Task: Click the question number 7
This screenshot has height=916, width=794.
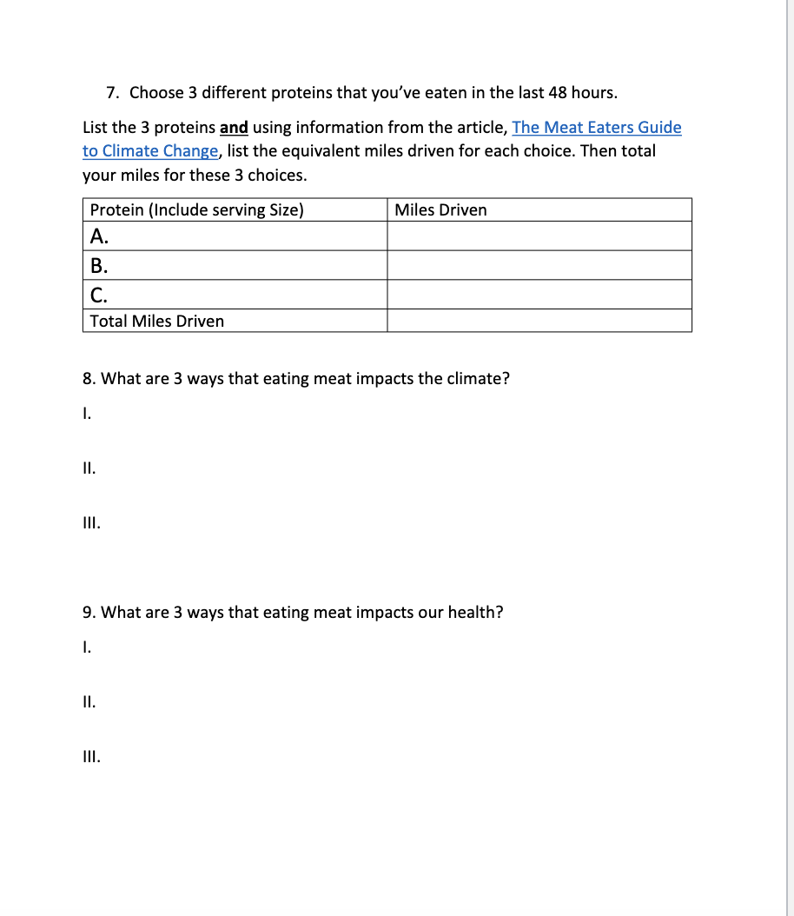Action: [112, 93]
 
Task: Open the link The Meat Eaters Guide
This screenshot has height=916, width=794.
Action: [597, 128]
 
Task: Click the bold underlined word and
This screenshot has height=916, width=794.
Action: [234, 128]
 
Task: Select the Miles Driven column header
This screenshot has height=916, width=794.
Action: [440, 210]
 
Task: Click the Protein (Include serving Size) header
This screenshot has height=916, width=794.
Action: [197, 210]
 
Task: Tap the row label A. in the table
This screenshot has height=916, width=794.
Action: [100, 236]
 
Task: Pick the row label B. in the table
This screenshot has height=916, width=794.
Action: [99, 265]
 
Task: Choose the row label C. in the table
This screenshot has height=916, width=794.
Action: [99, 294]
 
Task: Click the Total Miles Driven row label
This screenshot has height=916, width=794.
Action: [157, 321]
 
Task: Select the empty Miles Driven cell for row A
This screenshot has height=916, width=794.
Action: [539, 236]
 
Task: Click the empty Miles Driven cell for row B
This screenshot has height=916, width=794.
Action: [539, 265]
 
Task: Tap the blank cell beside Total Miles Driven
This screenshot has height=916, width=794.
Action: [539, 321]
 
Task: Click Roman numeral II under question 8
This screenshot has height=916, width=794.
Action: [88, 468]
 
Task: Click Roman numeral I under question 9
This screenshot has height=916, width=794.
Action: [85, 647]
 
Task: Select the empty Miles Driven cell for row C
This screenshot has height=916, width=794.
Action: [539, 294]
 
